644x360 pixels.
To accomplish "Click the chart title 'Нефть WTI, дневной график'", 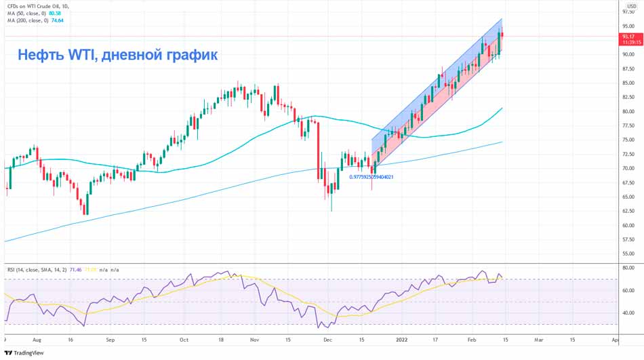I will (117, 55).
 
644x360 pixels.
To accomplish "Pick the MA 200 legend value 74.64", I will (58, 20).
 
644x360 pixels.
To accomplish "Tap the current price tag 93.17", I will (628, 36).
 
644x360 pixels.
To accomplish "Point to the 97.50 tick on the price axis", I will (628, 12).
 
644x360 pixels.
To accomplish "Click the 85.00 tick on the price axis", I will (628, 83).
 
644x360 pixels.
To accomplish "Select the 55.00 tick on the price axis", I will (628, 254).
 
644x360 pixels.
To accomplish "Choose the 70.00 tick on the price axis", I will (628, 169).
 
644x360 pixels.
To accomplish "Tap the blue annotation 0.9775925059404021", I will (371, 177).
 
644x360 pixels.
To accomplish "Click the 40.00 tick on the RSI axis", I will (628, 313).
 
